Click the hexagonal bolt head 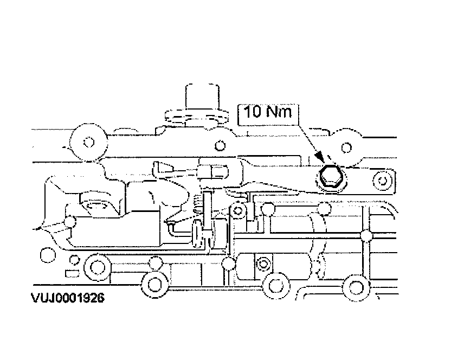pos(328,177)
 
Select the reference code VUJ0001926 pos(67,298)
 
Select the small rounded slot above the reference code pos(71,273)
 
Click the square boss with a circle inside pos(263,264)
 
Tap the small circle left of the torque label pos(220,145)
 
